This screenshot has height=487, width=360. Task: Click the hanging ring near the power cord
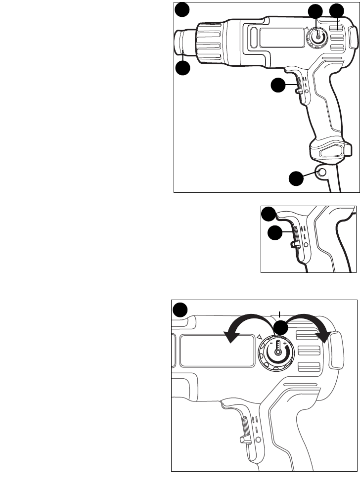pyautogui.click(x=321, y=172)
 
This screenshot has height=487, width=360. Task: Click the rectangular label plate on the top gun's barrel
pyautogui.click(x=281, y=38)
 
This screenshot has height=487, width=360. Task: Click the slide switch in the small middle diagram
pyautogui.click(x=295, y=237)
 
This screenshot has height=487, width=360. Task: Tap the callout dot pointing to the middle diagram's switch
pyautogui.click(x=275, y=233)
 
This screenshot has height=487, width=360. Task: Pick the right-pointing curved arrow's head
pyautogui.click(x=325, y=337)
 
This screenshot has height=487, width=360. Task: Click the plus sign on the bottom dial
pyautogui.click(x=285, y=343)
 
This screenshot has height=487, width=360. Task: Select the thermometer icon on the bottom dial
pyautogui.click(x=278, y=347)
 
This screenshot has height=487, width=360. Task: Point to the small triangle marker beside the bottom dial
pyautogui.click(x=259, y=337)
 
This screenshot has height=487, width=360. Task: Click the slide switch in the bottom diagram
pyautogui.click(x=245, y=429)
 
